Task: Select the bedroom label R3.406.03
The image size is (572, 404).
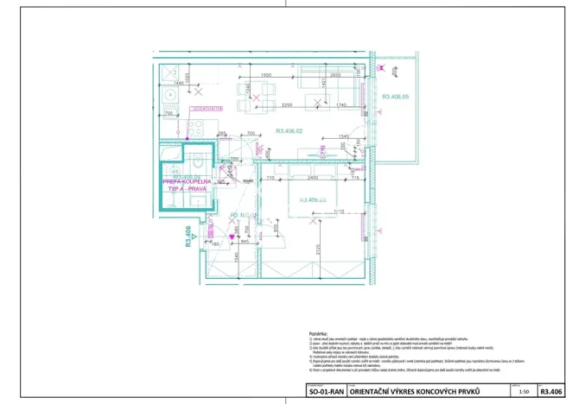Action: coord(312,199)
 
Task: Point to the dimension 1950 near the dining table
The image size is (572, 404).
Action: coord(267,76)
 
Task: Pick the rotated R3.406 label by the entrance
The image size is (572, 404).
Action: coord(187,237)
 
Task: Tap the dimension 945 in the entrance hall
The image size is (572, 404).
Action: coord(245,241)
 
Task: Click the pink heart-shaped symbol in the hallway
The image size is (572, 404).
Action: coord(231,236)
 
